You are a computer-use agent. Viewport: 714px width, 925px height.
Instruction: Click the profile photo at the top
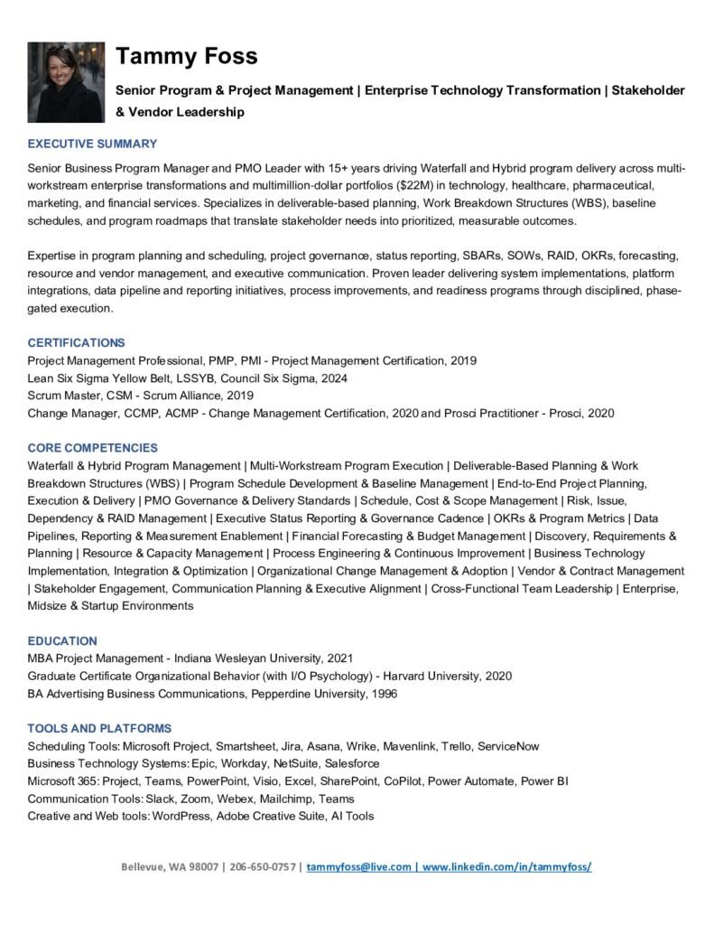click(66, 82)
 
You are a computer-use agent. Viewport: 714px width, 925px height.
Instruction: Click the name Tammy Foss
click(186, 56)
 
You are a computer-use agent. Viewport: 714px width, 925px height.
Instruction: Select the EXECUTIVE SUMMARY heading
click(92, 144)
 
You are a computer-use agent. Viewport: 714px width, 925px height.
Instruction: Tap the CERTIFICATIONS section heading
click(76, 342)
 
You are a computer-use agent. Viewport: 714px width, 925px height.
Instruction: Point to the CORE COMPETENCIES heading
click(92, 448)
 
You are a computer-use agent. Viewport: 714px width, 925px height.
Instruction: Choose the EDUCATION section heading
click(62, 640)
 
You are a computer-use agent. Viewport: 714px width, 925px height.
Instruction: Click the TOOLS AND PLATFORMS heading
click(99, 728)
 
